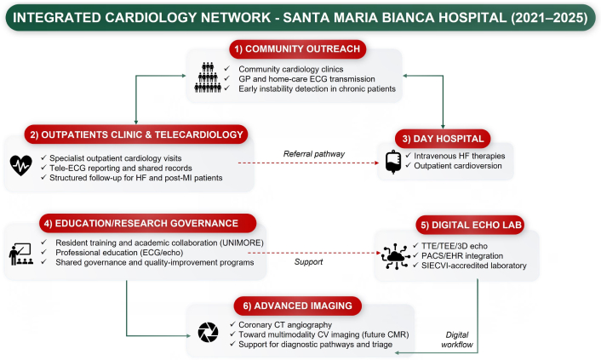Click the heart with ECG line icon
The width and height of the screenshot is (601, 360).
click(x=20, y=163)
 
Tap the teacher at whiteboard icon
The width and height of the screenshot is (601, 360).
click(x=20, y=250)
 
